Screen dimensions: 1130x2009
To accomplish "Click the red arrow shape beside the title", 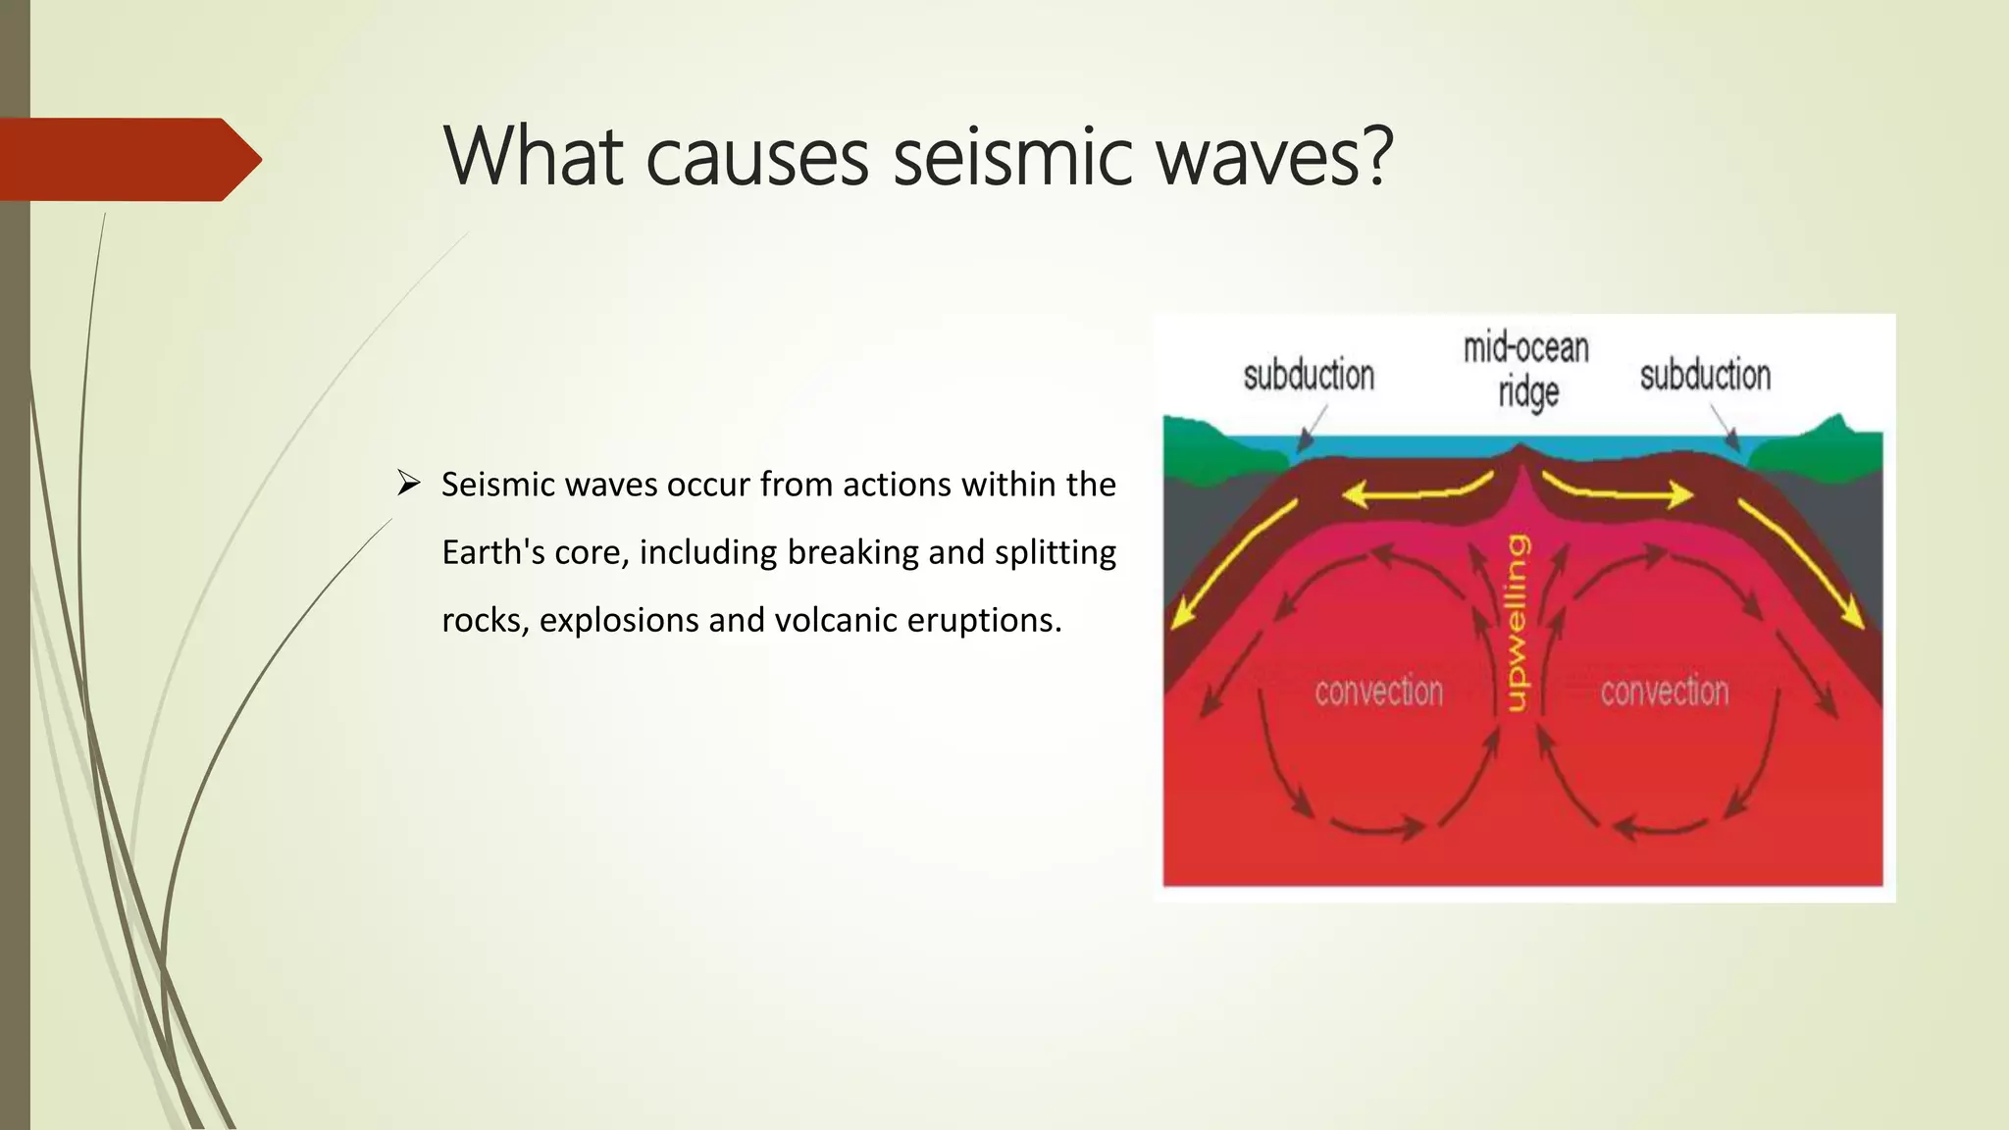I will point(128,159).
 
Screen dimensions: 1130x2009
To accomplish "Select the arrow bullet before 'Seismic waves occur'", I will point(408,484).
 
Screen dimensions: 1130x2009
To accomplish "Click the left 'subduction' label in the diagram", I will point(1309,376).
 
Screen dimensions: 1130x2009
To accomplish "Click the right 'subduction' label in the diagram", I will point(1705,376).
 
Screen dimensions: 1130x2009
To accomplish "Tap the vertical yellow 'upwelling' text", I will point(1517,622).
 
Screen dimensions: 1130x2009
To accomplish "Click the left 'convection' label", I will point(1378,692).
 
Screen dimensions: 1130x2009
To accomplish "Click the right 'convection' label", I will point(1664,692).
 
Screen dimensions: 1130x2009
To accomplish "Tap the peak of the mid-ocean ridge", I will point(1520,449).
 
